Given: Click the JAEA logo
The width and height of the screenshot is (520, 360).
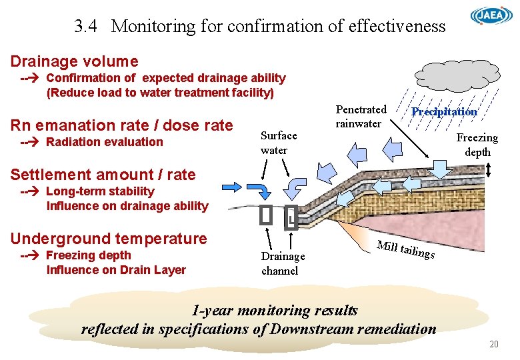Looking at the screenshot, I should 491,16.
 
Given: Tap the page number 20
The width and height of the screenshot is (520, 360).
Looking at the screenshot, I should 493,344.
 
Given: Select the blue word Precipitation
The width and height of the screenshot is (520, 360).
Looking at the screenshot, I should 444,111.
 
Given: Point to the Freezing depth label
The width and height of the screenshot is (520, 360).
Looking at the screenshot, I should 477,145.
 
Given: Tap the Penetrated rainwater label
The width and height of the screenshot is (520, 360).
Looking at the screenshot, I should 361,117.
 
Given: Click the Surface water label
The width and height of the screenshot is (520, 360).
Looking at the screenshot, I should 279,143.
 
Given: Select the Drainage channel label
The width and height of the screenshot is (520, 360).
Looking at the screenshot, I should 283,263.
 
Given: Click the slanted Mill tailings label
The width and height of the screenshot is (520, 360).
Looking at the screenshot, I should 405,249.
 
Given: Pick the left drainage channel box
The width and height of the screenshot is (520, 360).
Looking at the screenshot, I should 266,215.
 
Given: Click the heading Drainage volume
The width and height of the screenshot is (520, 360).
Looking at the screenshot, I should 74,61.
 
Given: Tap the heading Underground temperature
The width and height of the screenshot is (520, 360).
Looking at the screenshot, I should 109,239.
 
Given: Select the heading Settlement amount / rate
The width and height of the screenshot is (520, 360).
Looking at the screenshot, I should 103,175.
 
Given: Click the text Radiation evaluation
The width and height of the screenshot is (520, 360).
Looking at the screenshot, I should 104,141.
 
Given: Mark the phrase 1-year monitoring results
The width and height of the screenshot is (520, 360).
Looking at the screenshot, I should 274,310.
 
